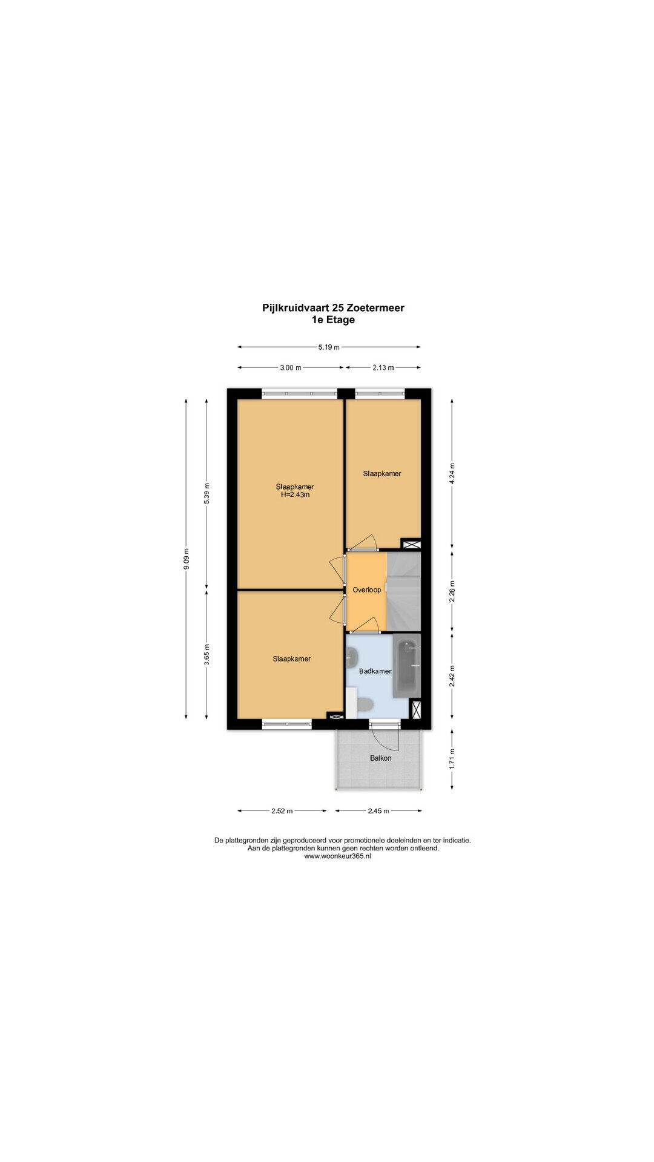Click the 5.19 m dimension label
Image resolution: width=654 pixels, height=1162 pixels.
pyautogui.click(x=329, y=347)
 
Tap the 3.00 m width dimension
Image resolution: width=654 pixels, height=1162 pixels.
pyautogui.click(x=289, y=367)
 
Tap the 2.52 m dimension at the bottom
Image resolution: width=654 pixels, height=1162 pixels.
pyautogui.click(x=282, y=811)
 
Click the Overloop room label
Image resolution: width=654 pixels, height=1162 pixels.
pyautogui.click(x=367, y=589)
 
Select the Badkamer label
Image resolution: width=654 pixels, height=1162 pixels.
pyautogui.click(x=375, y=671)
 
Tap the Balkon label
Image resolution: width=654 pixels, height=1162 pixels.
pyautogui.click(x=381, y=758)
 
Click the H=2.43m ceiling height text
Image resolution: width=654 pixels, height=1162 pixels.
pyautogui.click(x=295, y=494)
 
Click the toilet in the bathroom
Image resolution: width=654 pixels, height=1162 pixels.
pyautogui.click(x=364, y=704)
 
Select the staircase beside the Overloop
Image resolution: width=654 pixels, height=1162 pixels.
pyautogui.click(x=403, y=590)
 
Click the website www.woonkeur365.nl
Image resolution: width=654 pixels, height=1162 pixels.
pyautogui.click(x=337, y=856)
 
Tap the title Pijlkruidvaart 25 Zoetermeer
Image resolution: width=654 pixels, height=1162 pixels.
pyautogui.click(x=334, y=307)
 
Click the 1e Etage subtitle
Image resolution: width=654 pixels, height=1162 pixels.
pyautogui.click(x=333, y=320)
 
